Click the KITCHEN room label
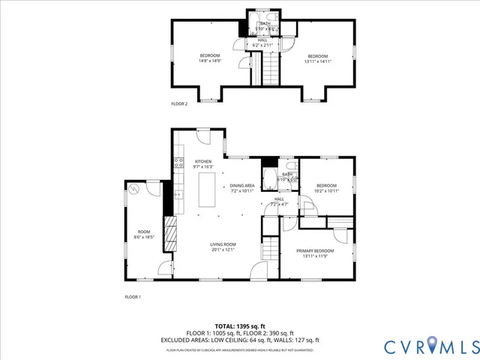pyautogui.click(x=203, y=161)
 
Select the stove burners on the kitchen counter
pyautogui.click(x=178, y=160)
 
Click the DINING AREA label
pyautogui.click(x=242, y=184)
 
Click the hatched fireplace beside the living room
pyautogui.click(x=171, y=238)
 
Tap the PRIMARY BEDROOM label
pyautogui.click(x=314, y=250)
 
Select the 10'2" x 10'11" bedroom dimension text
pyautogui.click(x=326, y=190)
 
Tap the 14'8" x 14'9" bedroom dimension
pyautogui.click(x=209, y=61)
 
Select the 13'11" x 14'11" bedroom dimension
pyautogui.click(x=317, y=61)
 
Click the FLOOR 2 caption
pyautogui.click(x=179, y=103)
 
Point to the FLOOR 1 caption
pyautogui.click(x=133, y=297)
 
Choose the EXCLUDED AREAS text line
pyautogui.click(x=240, y=339)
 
